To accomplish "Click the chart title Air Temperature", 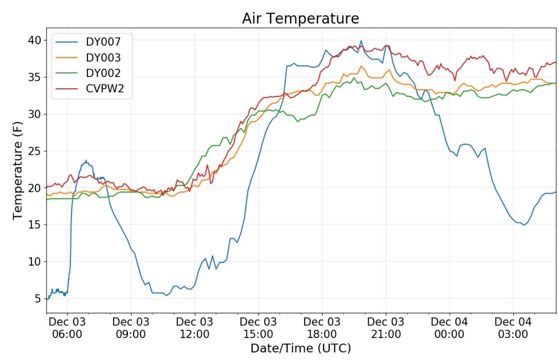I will point(300,18).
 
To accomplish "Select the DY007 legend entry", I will point(103,42).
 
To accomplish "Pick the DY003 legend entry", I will point(103,58).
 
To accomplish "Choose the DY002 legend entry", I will point(103,73).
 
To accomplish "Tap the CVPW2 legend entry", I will point(105,89).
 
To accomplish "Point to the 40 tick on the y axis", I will point(34,40).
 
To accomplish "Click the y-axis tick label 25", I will point(34,151).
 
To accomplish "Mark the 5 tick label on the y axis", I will point(37,299).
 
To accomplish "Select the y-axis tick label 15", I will point(34,225).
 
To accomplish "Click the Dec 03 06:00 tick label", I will point(67,328).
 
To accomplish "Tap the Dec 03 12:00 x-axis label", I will point(194,328).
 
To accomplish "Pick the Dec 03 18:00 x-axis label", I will point(322,328).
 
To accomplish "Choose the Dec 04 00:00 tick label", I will point(449,328).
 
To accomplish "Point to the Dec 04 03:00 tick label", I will point(513,328).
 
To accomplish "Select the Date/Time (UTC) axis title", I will point(300,348).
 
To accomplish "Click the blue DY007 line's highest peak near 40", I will point(361,40).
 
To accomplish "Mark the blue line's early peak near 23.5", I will point(86,161).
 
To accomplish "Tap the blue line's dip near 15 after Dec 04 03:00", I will point(524,225).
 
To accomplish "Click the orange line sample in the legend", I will point(66,58).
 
